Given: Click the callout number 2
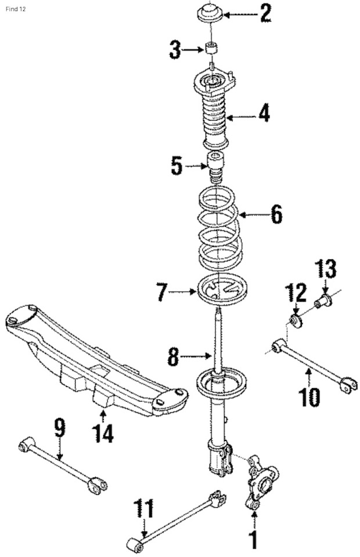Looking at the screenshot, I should coord(266,13).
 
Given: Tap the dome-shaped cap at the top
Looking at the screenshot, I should coord(211,13).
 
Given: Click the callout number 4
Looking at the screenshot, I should coord(264,114).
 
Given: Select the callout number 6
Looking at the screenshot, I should coord(276,215).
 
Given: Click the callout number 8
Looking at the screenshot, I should coord(173,356).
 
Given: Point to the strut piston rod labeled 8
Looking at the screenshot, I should coord(218,339).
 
